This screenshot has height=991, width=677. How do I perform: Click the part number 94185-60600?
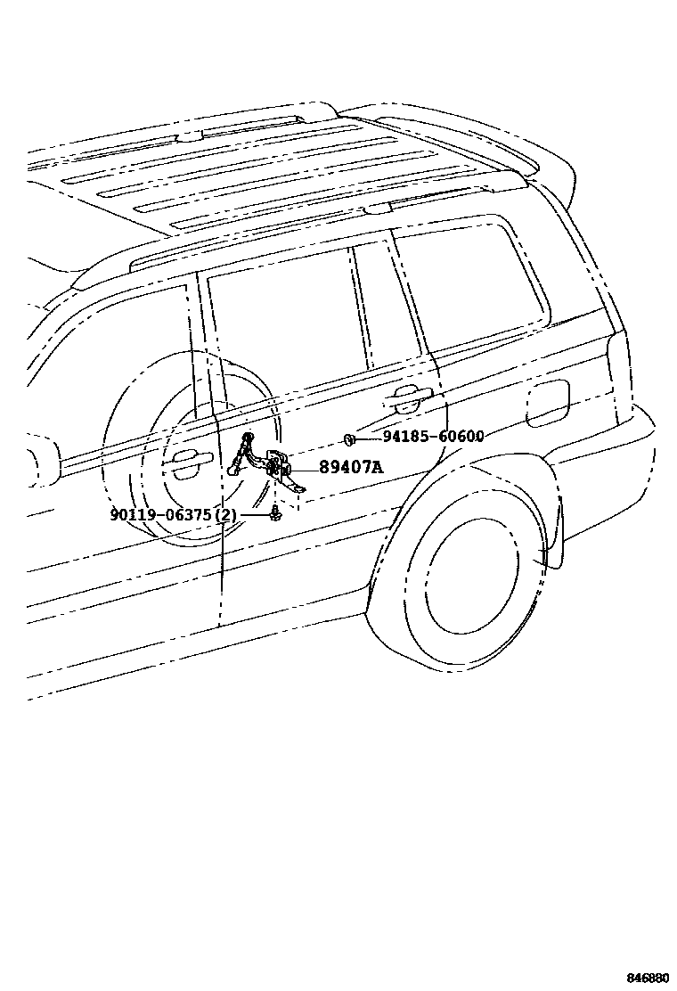pos(434,437)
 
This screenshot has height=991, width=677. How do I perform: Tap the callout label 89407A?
pos(351,467)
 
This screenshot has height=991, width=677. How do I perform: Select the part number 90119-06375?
pos(161,515)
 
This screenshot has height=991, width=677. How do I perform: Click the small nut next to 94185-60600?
pos(349,438)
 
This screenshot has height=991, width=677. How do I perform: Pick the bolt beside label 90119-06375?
pos(275,514)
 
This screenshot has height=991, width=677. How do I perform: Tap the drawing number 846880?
pos(648,978)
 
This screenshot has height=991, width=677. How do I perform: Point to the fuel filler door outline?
pos(547,403)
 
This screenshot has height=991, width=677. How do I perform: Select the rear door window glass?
pos(285,321)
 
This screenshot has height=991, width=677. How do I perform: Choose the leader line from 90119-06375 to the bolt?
pos(254,515)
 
